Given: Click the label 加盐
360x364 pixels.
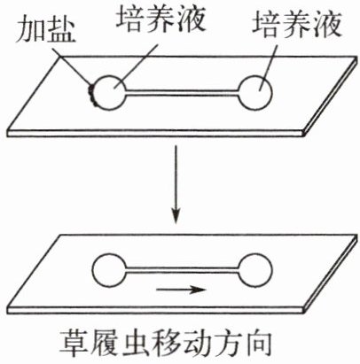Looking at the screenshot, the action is tap(45, 30).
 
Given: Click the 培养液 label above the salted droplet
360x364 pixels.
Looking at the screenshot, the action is tap(160, 19).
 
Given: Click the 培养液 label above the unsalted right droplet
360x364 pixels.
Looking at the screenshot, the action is tap(297, 25).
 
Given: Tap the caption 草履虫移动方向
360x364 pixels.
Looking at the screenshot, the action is tap(166, 343).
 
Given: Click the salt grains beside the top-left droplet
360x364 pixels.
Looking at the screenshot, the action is tap(91, 94).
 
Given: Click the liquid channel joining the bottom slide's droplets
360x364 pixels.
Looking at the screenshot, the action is tap(182, 270).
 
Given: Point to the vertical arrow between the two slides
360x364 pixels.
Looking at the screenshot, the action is tap(176, 183).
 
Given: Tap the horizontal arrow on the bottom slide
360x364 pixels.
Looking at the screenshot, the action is tap(180, 290).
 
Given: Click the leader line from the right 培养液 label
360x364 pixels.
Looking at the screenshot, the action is tap(269, 66).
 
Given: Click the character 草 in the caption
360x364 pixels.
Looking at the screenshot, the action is tap(74, 343).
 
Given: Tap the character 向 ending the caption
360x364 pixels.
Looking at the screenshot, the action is tap(259, 343).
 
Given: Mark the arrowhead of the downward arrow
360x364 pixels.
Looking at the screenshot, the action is tap(176, 216).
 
